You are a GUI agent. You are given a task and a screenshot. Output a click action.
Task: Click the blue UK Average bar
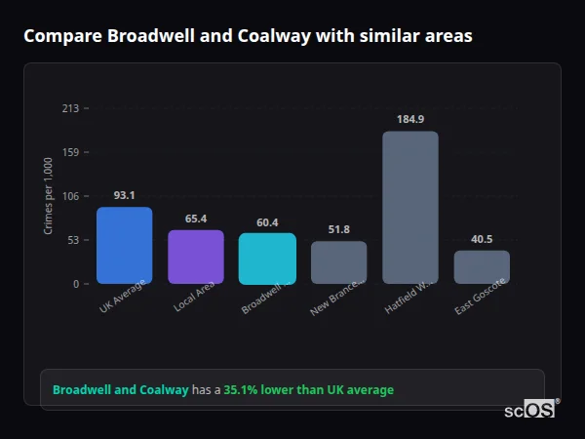click(124, 245)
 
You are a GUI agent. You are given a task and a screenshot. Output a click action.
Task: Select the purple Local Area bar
click(196, 257)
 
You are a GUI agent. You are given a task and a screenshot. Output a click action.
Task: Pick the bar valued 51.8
click(338, 262)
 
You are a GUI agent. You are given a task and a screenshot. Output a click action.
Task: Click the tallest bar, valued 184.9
click(410, 207)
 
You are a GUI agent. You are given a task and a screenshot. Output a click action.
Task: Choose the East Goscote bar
click(482, 266)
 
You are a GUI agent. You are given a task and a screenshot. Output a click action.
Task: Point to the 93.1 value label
click(124, 195)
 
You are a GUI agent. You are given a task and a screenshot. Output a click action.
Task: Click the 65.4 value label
click(196, 219)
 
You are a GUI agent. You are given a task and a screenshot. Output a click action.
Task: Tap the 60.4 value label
click(267, 222)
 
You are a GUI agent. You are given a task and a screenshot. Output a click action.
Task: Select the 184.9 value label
click(410, 119)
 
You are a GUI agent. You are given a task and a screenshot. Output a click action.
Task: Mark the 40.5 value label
click(482, 239)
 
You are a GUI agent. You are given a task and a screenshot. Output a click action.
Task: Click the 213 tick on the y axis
click(70, 108)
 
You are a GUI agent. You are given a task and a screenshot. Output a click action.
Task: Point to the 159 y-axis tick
click(70, 152)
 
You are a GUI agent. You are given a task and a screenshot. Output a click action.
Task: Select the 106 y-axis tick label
click(70, 196)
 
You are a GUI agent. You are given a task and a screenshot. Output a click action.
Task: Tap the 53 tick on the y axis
click(73, 240)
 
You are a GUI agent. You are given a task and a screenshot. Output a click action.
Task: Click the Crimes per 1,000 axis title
click(49, 196)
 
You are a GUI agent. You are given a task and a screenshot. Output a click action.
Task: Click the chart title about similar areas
click(248, 36)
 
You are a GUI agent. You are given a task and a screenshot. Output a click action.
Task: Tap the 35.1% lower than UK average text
click(308, 390)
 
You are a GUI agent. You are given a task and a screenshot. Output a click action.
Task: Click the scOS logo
click(529, 410)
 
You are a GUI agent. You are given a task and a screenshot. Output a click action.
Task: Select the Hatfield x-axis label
click(408, 298)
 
